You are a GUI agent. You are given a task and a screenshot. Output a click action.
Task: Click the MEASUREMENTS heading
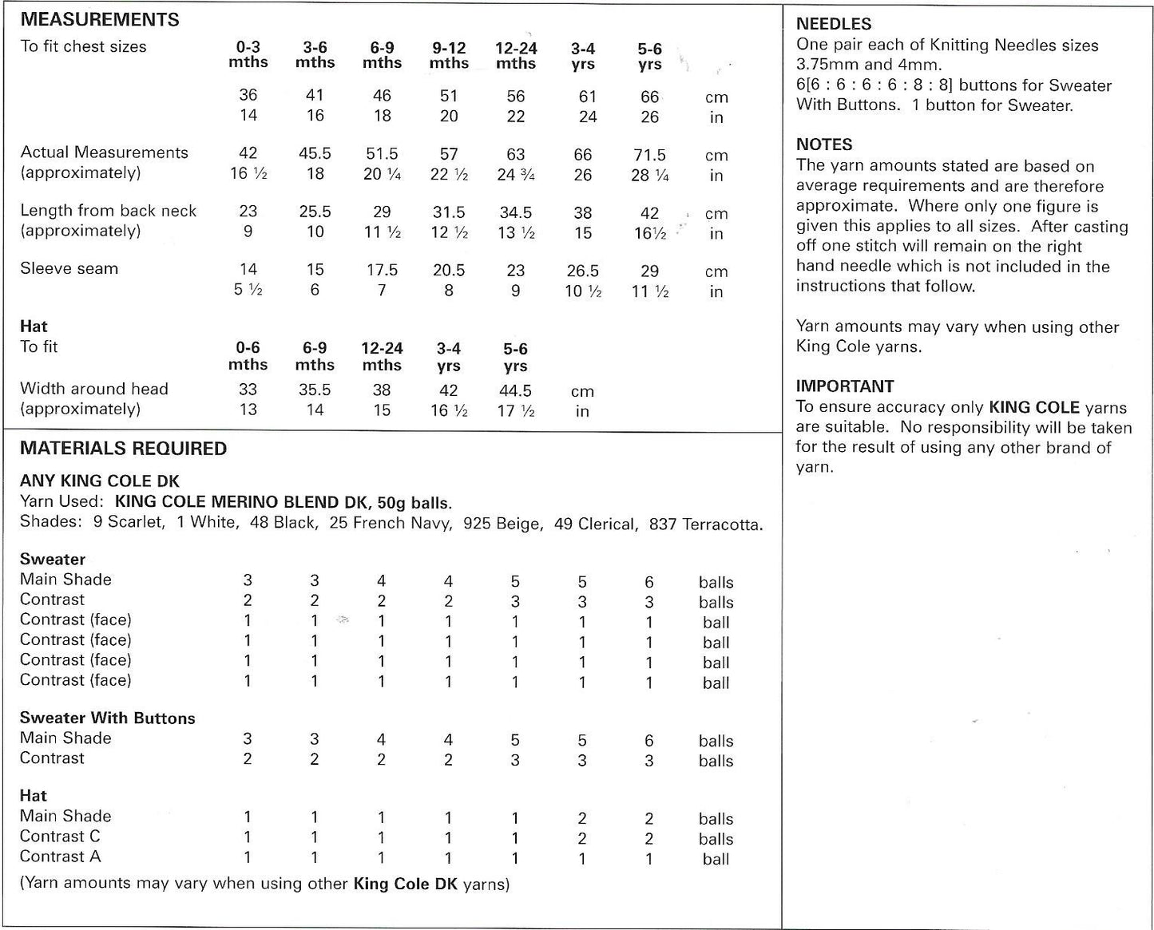[x=100, y=20]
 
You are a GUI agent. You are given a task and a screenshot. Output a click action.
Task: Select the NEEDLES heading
[x=834, y=25]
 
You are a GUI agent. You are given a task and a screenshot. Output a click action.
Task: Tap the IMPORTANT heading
[x=845, y=386]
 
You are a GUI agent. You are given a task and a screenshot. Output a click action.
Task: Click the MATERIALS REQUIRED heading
[x=123, y=449]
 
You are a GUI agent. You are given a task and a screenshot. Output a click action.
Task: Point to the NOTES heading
[x=824, y=144]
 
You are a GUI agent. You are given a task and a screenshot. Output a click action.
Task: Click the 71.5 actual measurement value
[x=649, y=155]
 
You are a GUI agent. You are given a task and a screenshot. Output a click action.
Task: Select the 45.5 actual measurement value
[x=315, y=153]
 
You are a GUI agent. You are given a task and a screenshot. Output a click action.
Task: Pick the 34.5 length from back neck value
[x=515, y=213]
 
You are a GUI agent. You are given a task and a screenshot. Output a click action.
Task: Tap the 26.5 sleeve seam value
[x=582, y=271]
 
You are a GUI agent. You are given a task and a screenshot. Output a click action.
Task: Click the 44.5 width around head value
[x=515, y=391]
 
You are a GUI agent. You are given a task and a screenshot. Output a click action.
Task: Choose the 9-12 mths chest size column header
[x=448, y=55]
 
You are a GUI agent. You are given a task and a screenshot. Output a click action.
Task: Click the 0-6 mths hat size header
[x=248, y=356]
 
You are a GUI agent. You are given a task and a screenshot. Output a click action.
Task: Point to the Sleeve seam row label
[x=69, y=269]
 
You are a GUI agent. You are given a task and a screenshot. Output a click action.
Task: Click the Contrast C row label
[x=60, y=837]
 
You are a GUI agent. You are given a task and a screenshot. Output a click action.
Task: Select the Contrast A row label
[x=60, y=857]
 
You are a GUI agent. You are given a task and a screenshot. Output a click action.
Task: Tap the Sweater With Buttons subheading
[x=107, y=718]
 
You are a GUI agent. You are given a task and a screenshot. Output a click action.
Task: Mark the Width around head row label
[x=94, y=390]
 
